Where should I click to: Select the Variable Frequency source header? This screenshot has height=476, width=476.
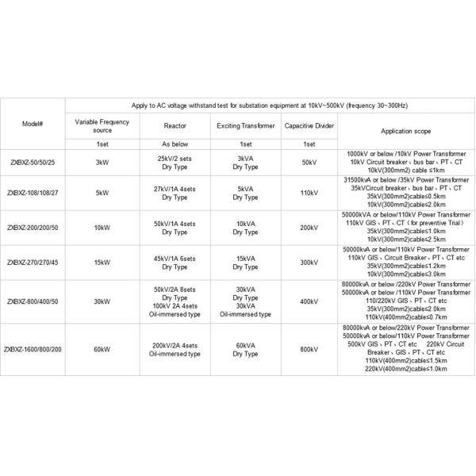tap(102, 125)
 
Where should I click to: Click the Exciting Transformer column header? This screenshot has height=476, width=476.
tap(246, 125)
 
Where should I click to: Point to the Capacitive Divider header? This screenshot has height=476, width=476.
tap(309, 125)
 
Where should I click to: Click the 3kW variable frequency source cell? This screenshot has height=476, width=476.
tap(102, 161)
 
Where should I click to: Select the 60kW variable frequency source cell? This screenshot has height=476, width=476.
tap(102, 347)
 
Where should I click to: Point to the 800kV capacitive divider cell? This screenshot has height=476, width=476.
tap(309, 347)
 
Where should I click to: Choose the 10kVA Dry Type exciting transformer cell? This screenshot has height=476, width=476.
tap(246, 226)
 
